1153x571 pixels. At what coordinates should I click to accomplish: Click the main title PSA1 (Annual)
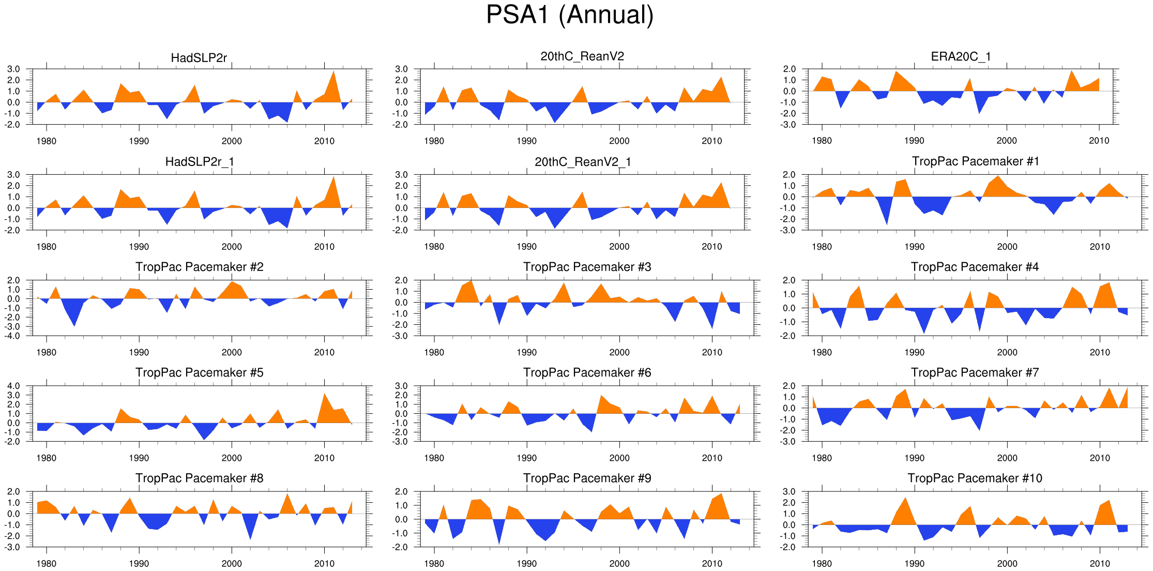coord(570,15)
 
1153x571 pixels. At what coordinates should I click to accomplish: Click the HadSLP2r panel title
coord(199,58)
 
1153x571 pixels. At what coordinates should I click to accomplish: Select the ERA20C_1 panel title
coord(961,56)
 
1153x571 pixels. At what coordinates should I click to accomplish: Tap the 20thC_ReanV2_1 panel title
coord(583,162)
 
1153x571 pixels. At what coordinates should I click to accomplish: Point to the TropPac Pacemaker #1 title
coord(975,161)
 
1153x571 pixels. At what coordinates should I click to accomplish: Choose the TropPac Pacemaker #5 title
coord(199,372)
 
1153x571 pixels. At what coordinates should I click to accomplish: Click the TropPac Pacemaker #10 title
coord(975,478)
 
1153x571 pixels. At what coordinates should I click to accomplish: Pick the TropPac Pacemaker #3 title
coord(587,267)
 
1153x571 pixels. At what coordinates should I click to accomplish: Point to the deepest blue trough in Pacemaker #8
coord(250,535)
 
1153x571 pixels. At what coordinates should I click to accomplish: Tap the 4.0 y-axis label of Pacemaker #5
coord(13,386)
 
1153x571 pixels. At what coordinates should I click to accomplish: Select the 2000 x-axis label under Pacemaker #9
coord(619,563)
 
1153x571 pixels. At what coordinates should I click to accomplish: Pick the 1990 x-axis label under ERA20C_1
coord(914,141)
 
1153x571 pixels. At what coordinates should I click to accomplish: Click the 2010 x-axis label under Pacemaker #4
coord(1099,352)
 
